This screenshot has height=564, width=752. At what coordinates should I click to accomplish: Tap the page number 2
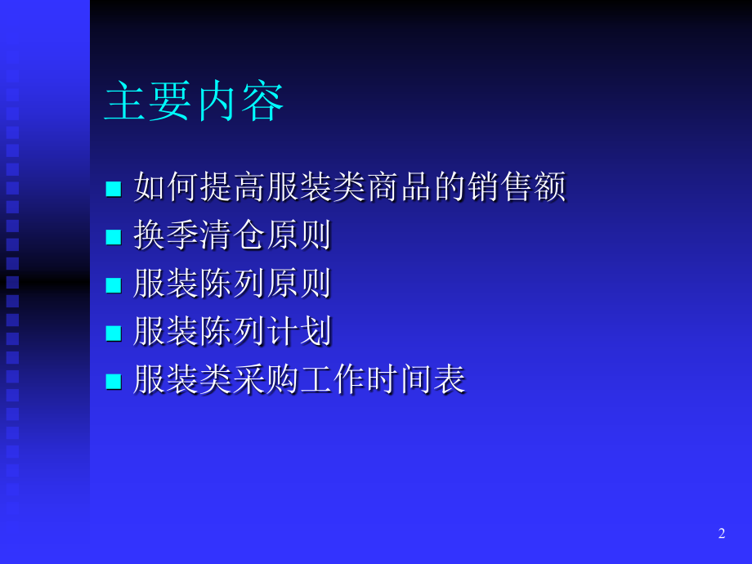(x=722, y=534)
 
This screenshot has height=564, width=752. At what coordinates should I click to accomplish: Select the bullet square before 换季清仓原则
(x=114, y=238)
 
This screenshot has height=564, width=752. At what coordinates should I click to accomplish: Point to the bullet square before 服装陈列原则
(x=114, y=285)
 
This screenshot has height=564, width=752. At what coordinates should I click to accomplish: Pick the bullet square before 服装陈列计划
(x=114, y=333)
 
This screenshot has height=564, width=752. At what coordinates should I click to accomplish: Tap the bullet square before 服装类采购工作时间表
(x=114, y=381)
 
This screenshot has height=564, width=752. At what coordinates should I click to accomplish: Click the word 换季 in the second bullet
(x=166, y=236)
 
